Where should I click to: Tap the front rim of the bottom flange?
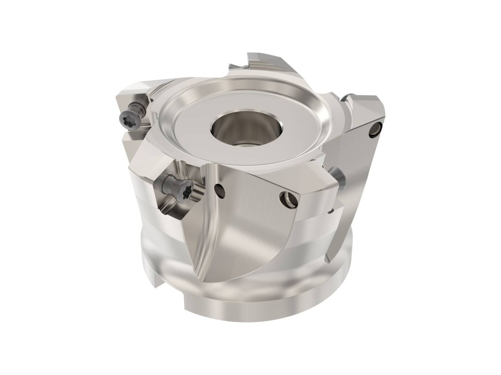click(250, 317)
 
